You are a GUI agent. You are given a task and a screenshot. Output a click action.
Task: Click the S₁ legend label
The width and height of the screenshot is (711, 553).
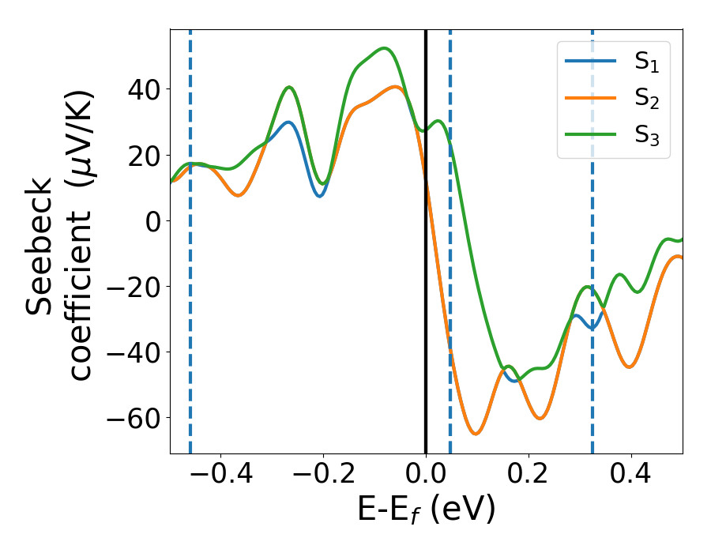tap(646, 63)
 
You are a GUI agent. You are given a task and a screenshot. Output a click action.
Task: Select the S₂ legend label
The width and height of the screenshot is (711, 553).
tap(646, 100)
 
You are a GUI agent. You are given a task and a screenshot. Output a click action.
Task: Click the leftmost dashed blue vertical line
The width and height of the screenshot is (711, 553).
tap(190, 316)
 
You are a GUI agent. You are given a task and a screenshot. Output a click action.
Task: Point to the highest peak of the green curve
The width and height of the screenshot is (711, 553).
tap(384, 48)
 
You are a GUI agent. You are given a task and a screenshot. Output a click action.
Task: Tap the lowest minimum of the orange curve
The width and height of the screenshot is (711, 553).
tap(475, 434)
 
